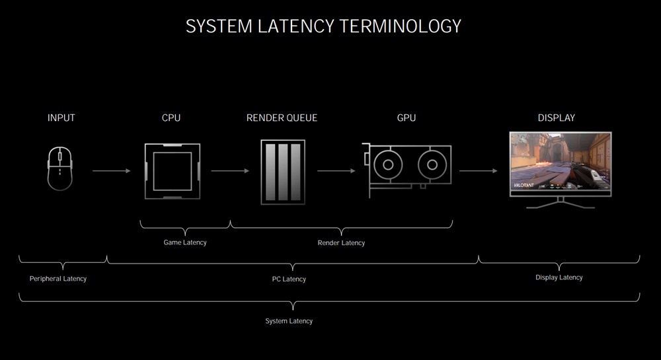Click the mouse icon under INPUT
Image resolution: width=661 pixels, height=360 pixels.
pos(60,168)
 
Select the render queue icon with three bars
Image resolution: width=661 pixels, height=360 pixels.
pos(283,172)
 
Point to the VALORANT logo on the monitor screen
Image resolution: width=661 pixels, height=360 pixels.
pos(524,185)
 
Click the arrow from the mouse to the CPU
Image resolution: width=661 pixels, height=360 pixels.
pos(112,171)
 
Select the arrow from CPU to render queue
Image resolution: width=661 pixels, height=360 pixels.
pos(230,171)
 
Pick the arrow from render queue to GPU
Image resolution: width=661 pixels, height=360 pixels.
pos(336,171)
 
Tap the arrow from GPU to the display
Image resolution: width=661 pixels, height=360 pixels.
pos(479,171)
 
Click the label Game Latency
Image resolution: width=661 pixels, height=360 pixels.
pos(185,242)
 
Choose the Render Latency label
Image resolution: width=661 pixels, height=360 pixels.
pos(341,243)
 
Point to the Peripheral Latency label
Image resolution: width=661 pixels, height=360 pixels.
pos(58,279)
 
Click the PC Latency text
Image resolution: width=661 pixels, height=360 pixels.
pos(289,279)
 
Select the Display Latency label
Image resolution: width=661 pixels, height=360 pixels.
pos(559,277)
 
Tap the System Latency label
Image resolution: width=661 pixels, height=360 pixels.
pos(289,321)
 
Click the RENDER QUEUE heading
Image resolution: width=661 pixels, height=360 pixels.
pos(282,118)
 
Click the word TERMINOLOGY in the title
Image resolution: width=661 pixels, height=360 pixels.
pos(401,26)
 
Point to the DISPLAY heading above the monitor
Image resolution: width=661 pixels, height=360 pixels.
pos(556,118)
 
